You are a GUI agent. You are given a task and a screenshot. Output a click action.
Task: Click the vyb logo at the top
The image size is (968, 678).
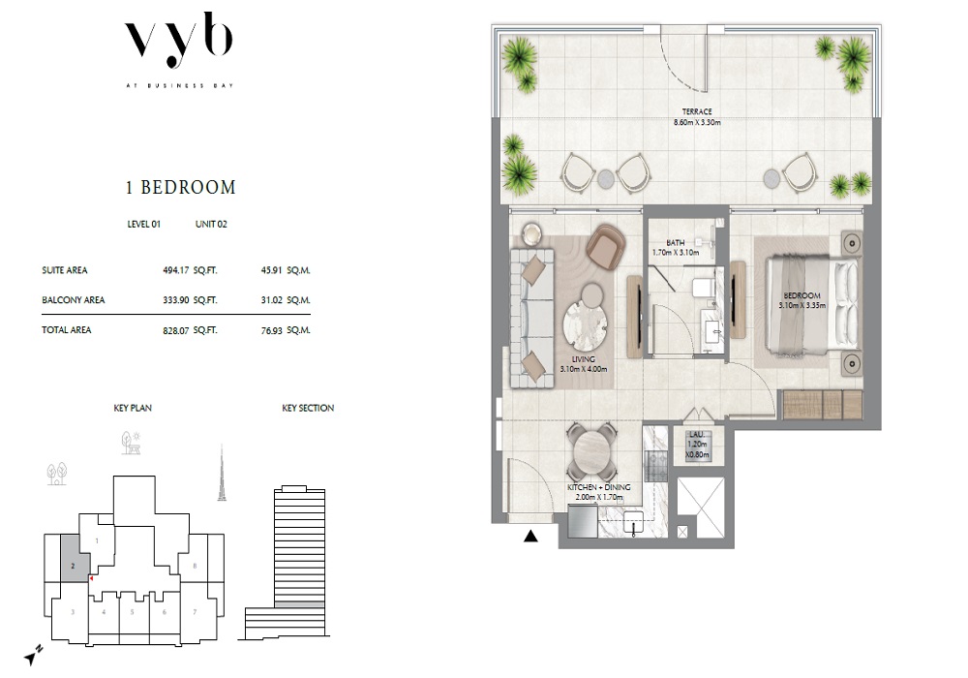coord(180,45)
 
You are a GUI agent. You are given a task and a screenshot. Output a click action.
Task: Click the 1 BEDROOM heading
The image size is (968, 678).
coord(180,187)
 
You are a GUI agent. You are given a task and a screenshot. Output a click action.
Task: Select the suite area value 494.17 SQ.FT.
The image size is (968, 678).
coord(189,270)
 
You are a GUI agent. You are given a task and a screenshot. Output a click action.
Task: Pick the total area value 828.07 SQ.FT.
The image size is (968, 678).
coord(189,330)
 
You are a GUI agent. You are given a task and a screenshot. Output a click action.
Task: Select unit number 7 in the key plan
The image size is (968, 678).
coord(195,612)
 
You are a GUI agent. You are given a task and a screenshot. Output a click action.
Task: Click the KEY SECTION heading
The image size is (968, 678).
coord(308,409)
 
